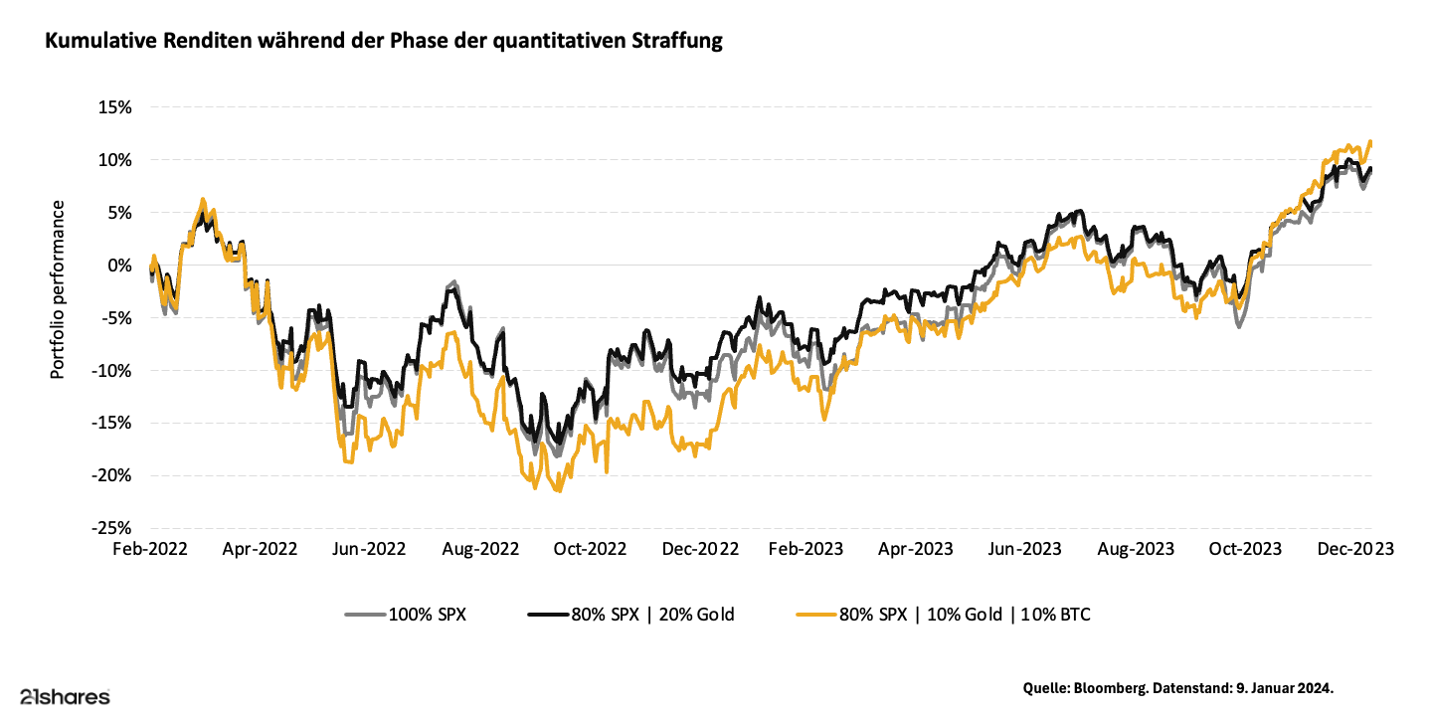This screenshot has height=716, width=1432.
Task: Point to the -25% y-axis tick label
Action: pyautogui.click(x=112, y=528)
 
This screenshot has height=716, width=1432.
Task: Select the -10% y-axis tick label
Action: pyautogui.click(x=112, y=370)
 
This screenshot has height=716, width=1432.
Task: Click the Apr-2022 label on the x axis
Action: pyautogui.click(x=261, y=549)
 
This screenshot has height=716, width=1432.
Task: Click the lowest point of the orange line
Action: pyautogui.click(x=559, y=491)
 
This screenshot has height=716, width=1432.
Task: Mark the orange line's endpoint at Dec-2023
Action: pyautogui.click(x=1371, y=142)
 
